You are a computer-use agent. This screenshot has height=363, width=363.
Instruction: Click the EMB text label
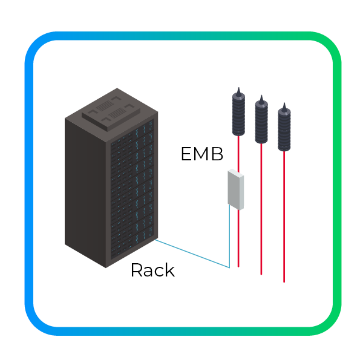click(x=202, y=154)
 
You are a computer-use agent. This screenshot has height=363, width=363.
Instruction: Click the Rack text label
click(x=152, y=270)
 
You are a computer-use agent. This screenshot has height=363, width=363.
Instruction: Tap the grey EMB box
click(x=235, y=189)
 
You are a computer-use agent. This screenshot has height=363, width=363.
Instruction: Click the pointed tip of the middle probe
click(x=261, y=97)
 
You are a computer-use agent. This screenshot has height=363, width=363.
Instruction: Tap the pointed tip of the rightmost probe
click(x=284, y=105)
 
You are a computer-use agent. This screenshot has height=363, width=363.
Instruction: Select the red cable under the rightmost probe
click(x=284, y=218)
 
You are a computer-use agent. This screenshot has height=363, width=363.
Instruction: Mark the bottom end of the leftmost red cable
click(x=239, y=266)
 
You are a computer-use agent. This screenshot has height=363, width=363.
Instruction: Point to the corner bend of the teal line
click(x=230, y=267)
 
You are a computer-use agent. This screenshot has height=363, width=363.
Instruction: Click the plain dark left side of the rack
click(x=85, y=188)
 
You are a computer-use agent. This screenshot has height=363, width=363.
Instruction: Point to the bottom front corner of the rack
click(x=106, y=267)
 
